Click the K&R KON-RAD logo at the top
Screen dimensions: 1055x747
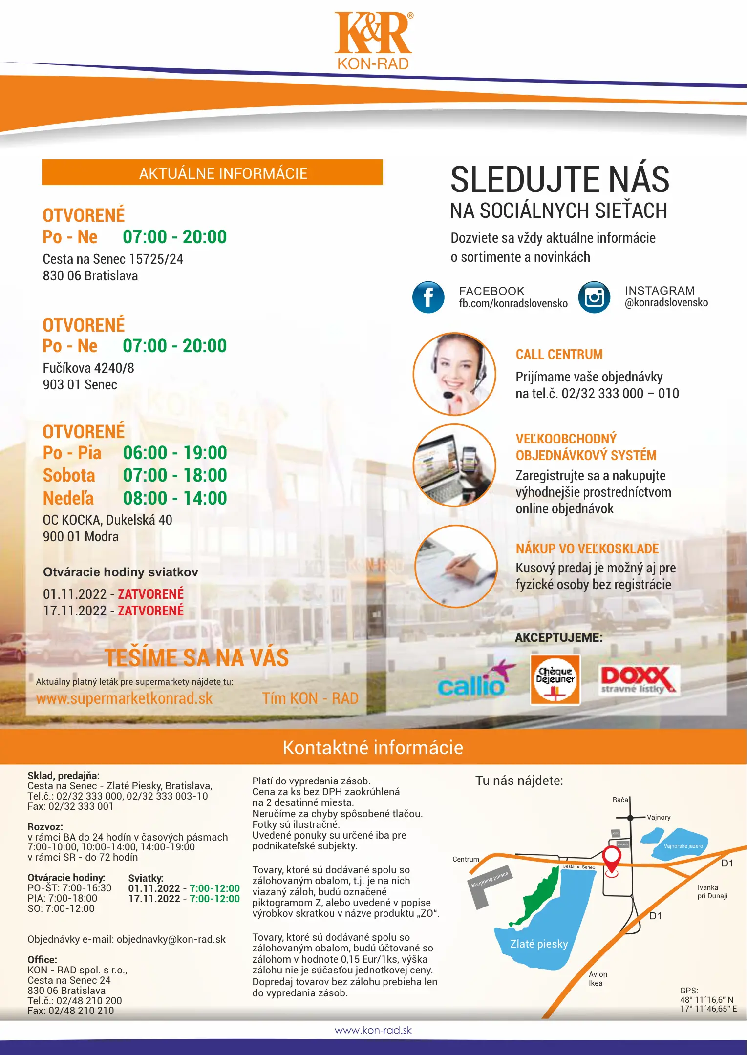point(373,41)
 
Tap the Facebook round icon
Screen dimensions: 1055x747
point(428,297)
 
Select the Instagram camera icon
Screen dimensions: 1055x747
point(594,297)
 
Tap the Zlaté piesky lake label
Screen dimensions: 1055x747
point(539,944)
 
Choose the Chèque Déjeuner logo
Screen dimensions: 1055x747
point(555,679)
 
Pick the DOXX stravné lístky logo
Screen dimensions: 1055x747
point(639,679)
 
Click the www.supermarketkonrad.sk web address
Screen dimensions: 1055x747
point(125,698)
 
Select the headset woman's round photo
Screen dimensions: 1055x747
point(454,374)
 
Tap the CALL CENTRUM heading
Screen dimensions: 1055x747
point(559,354)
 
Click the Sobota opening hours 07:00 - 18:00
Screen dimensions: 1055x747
point(175,475)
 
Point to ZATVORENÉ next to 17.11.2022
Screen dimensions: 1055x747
point(150,611)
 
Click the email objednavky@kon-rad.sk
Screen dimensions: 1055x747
point(171,939)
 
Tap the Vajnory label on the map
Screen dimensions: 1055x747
point(659,817)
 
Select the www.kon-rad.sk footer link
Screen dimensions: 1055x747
point(373,1030)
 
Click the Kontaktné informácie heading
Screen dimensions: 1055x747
point(373,748)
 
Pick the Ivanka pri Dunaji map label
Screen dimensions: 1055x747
point(712,891)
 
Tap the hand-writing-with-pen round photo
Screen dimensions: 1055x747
point(456,567)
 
